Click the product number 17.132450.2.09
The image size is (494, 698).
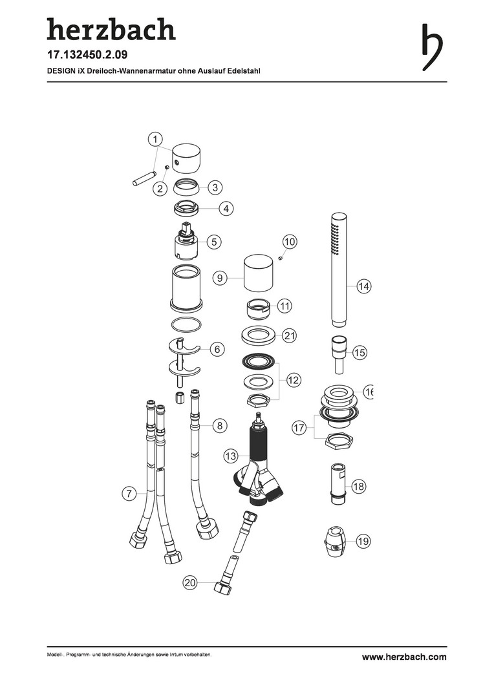coord(87,55)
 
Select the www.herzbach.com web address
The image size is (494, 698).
coord(404,657)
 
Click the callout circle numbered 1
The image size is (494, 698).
coord(155,140)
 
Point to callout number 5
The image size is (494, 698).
coord(214,242)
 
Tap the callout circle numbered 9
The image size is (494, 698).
coord(220,279)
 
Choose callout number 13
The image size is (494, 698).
coord(231,456)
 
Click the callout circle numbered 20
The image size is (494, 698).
coord(190,583)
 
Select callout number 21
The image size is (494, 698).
coord(290,335)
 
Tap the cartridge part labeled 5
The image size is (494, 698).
coord(188,241)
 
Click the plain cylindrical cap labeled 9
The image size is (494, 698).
coord(259,271)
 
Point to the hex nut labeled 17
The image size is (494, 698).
coord(339,441)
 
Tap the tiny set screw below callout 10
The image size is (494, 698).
coord(281,258)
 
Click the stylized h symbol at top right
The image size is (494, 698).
coord(432,47)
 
